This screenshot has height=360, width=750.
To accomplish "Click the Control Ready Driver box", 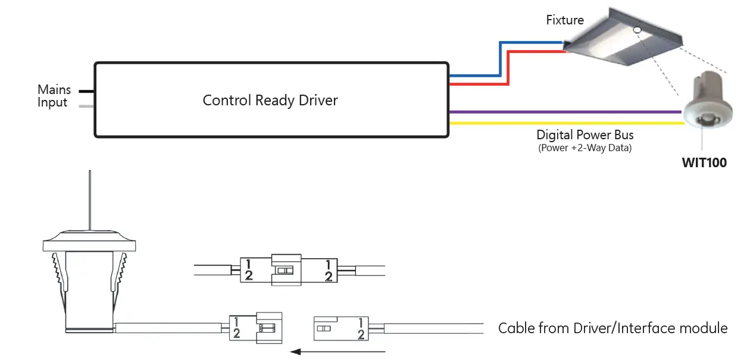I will coord(271,100).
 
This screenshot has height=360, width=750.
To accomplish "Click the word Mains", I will coord(54,90).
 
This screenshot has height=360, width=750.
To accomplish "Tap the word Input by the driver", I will coord(52,103).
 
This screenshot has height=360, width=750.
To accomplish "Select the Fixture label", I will coord(565,20).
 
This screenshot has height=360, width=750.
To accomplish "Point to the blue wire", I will coord(500,60).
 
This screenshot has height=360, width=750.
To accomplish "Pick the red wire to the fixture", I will coord(508,68).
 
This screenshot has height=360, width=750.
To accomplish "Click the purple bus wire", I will coord(565,112).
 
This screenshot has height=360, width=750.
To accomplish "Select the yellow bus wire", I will coord(565,124).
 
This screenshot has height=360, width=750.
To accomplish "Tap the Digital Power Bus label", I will coord(585,135).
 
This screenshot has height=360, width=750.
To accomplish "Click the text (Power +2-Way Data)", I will coord(585,148).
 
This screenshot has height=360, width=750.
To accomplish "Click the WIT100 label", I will coord(704,162).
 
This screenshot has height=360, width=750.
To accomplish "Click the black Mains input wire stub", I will coord(87,91).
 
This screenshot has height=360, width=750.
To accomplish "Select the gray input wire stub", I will coord(87,107).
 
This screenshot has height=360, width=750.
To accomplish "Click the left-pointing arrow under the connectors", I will coord(339,352).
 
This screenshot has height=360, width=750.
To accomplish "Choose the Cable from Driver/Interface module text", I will coord(612,328).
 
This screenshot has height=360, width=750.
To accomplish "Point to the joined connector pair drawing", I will coord(289,270).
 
